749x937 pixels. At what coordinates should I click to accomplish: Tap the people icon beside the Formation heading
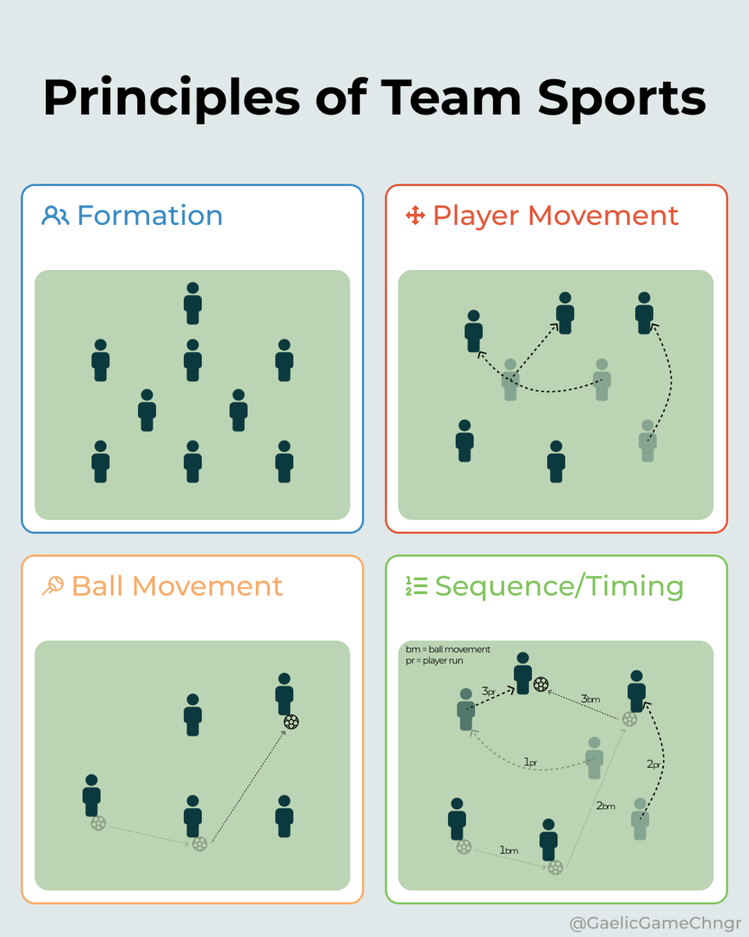[x=55, y=216]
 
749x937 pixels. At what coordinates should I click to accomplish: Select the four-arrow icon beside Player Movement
[x=414, y=216]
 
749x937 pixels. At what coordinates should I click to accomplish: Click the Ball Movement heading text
[x=177, y=586]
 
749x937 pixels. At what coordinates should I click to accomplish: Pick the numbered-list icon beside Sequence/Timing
[x=416, y=586]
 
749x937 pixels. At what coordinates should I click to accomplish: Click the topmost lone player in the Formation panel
[x=193, y=303]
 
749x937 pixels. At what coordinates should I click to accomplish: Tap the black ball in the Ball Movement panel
[x=291, y=721]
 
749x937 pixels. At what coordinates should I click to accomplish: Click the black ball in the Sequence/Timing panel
[x=541, y=685]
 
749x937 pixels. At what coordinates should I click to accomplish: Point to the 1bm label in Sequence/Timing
[x=509, y=850]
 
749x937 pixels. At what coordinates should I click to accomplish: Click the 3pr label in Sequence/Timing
[x=489, y=691]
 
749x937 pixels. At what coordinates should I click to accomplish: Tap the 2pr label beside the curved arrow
[x=655, y=764]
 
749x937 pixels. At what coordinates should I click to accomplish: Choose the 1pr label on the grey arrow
[x=531, y=761]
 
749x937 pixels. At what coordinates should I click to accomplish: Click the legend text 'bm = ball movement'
[x=448, y=650]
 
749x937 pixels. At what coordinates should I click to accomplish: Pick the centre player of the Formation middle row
[x=193, y=360]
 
